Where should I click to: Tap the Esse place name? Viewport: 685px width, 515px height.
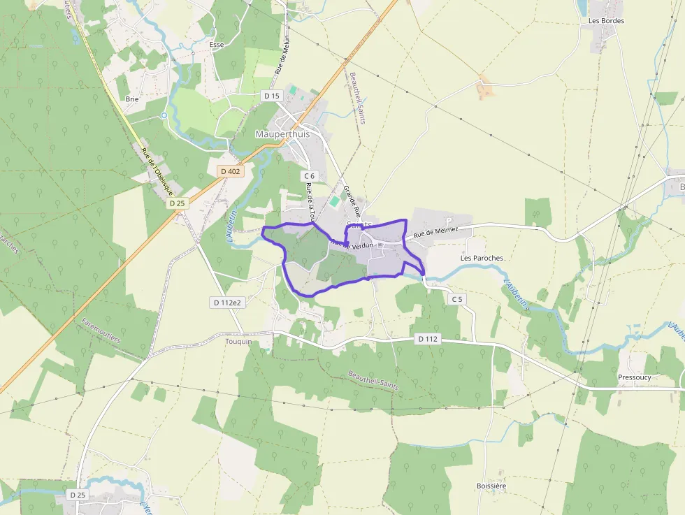click(217, 44)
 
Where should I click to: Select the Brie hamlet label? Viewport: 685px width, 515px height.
click(132, 99)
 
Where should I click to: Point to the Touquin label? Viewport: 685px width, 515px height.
click(238, 342)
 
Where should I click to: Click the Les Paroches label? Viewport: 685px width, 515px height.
click(482, 258)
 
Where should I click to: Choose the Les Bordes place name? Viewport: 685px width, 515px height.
click(606, 21)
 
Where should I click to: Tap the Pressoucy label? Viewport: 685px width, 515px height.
click(635, 377)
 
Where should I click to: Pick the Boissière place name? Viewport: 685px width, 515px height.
click(491, 486)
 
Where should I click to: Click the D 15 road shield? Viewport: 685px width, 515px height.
click(271, 95)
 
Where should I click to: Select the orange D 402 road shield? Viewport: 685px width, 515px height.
click(230, 171)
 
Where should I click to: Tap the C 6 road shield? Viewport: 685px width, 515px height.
click(310, 176)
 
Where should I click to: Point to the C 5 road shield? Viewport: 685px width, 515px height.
click(457, 299)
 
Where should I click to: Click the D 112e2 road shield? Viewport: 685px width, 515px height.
click(226, 302)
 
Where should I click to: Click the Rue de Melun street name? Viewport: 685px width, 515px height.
click(282, 55)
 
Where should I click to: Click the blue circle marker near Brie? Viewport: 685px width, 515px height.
click(164, 115)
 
